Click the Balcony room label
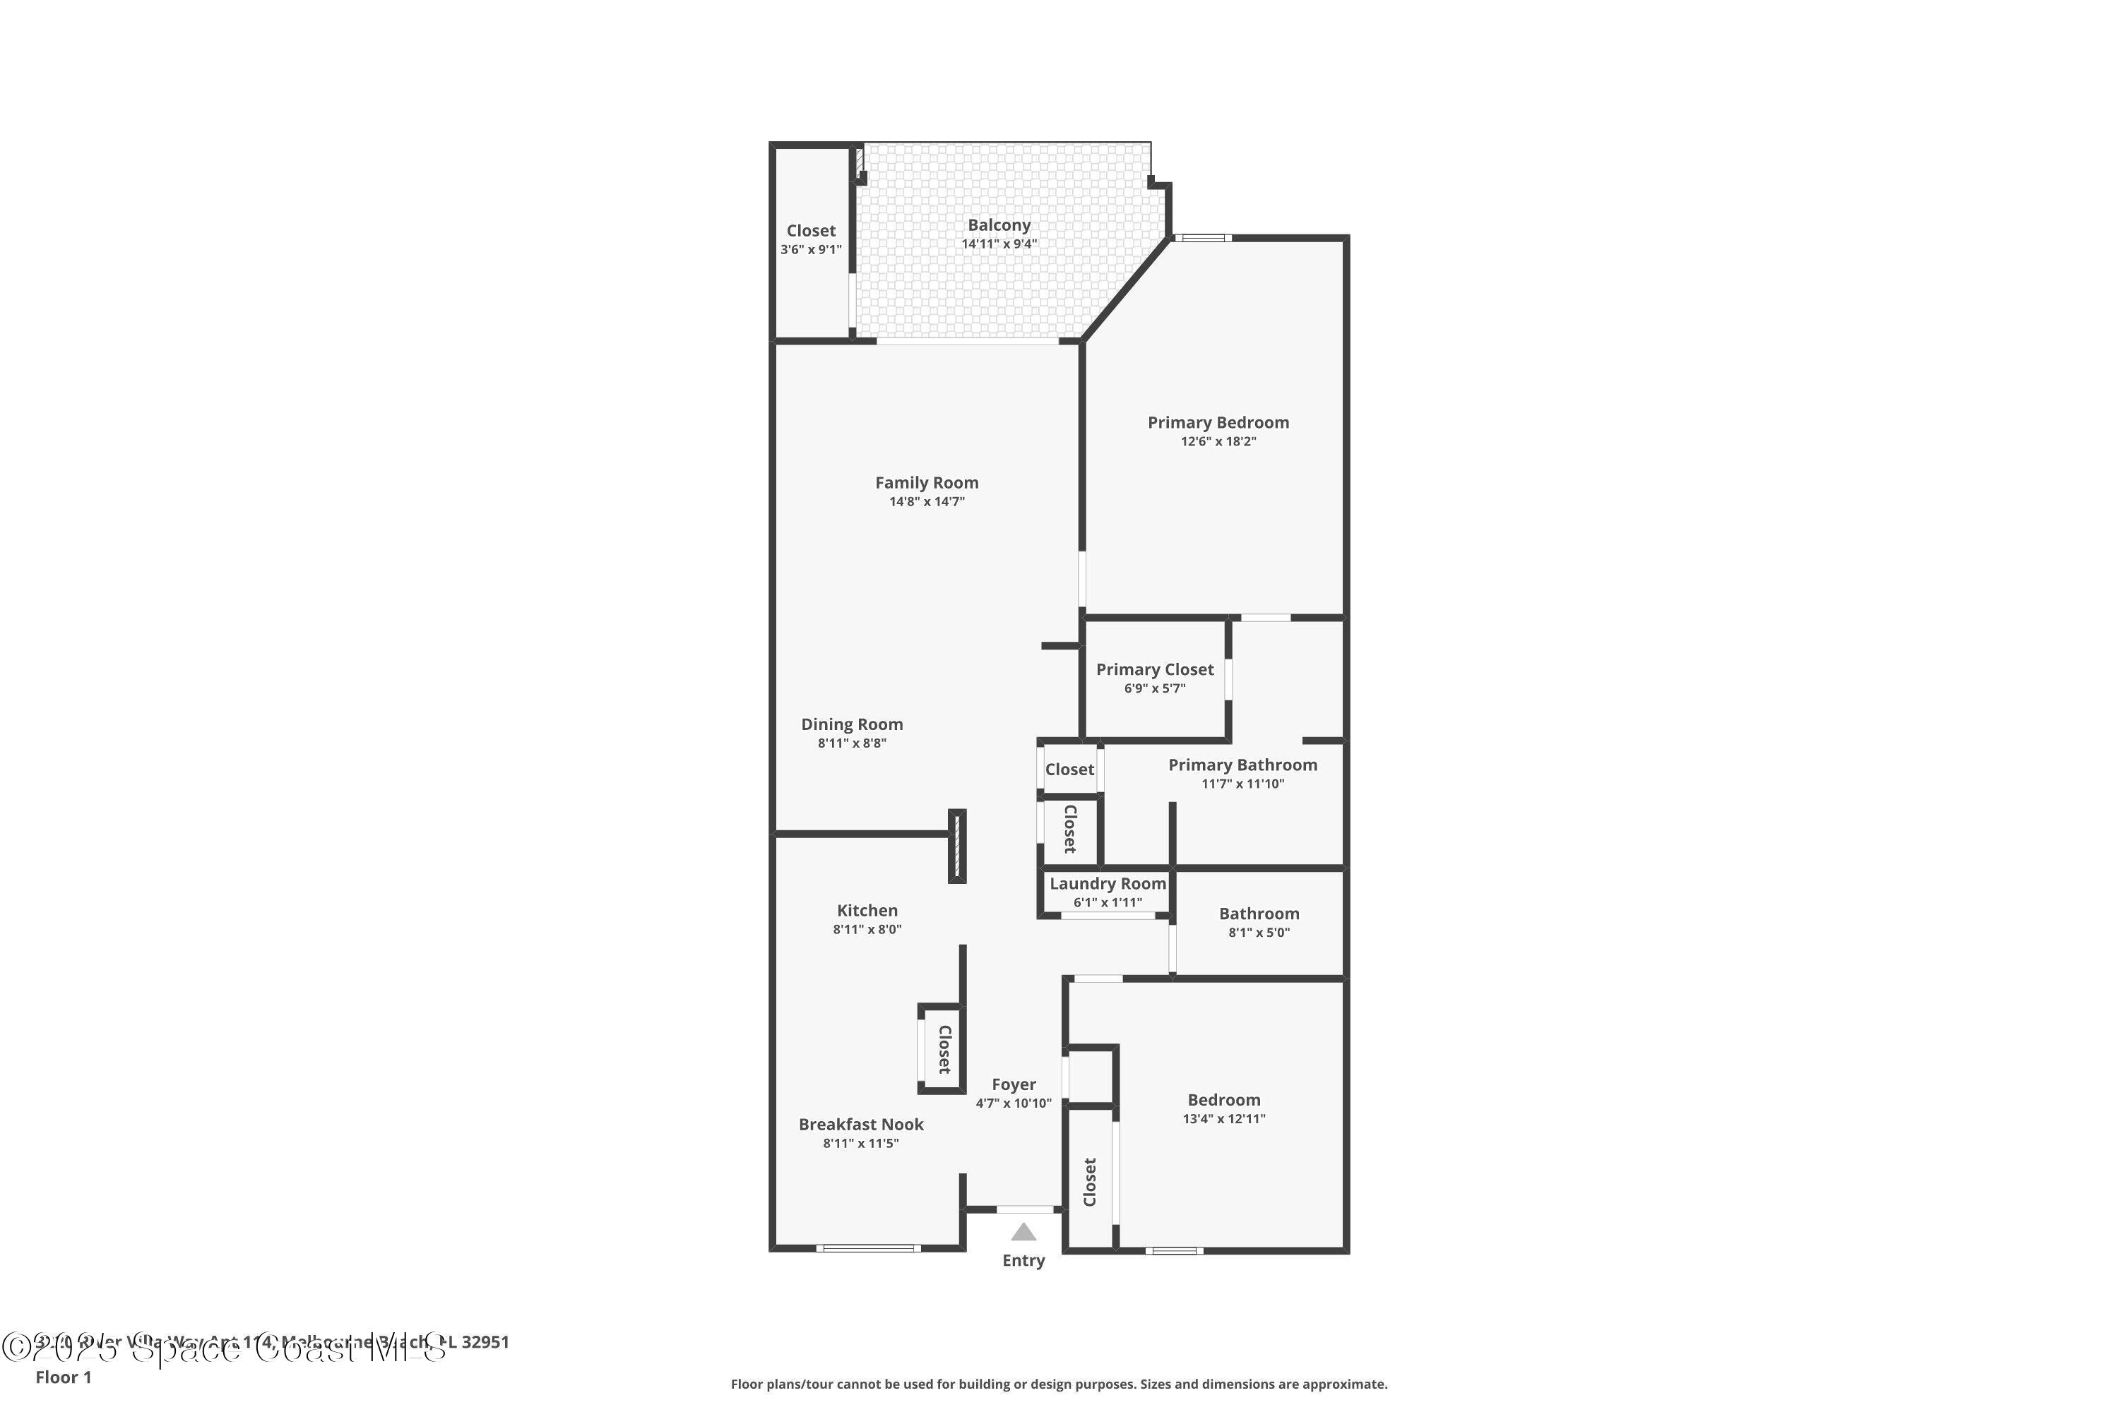tap(999, 225)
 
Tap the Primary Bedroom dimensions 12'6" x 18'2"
tap(1218, 441)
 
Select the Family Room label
tap(926, 483)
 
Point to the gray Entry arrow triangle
tap(1023, 1232)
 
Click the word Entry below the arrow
tap(1023, 1261)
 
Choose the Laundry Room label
tap(1108, 883)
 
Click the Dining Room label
tap(851, 724)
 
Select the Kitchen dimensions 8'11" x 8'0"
tap(867, 929)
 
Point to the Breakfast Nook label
tap(860, 1124)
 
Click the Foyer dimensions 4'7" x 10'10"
tap(1014, 1103)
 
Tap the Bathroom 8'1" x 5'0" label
tap(1259, 913)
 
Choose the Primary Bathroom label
tap(1242, 765)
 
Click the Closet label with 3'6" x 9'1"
tap(811, 231)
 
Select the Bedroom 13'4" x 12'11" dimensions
tap(1223, 1118)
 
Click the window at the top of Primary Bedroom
tap(1203, 238)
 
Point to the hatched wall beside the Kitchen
tap(957, 846)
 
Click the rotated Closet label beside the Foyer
tap(944, 1049)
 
